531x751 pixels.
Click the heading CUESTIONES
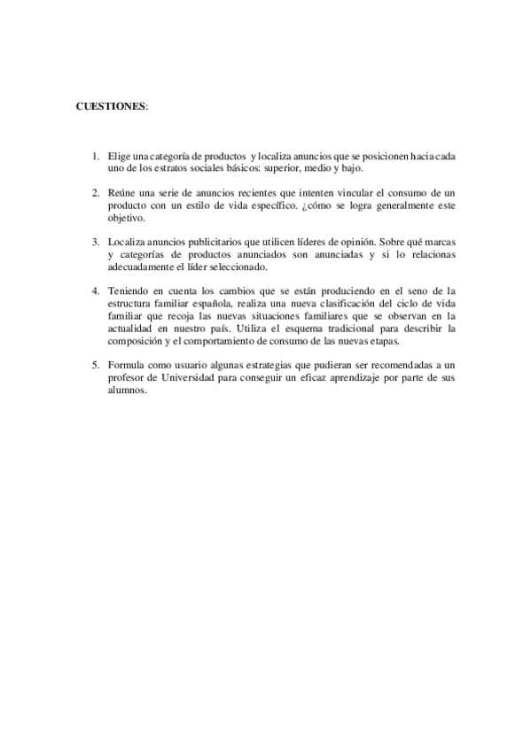[x=111, y=105]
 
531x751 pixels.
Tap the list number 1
[x=95, y=156]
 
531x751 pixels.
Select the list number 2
[x=95, y=192]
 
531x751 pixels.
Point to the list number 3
[x=95, y=241]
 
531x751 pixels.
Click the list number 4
[x=95, y=290]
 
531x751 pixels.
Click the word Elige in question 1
[x=117, y=156]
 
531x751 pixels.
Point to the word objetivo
[x=125, y=217]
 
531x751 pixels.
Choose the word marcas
[x=439, y=241]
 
